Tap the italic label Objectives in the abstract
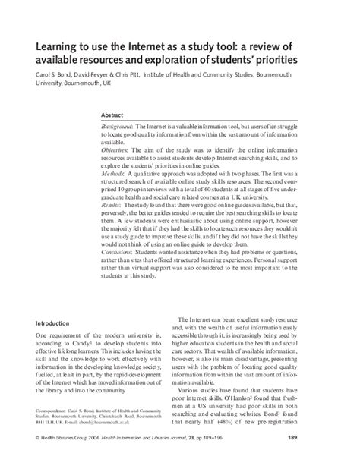117,151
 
